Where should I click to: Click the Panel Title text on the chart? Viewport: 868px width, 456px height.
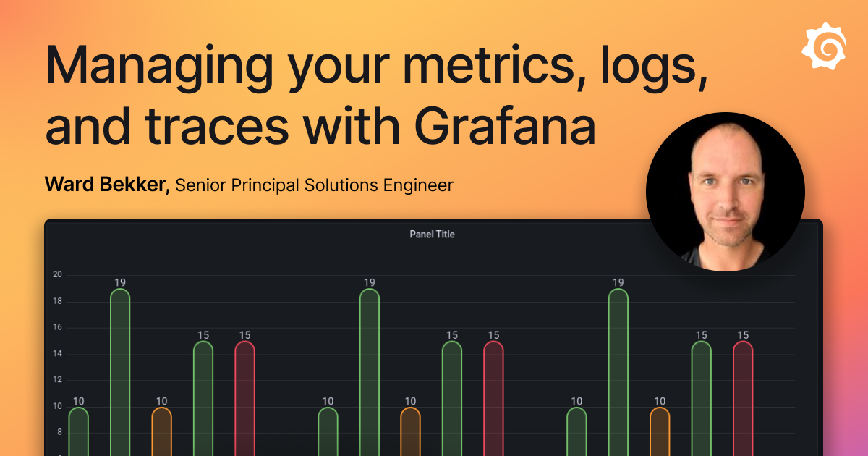click(432, 235)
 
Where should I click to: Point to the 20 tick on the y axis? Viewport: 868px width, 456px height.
click(57, 275)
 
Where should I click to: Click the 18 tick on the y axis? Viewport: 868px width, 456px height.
click(57, 301)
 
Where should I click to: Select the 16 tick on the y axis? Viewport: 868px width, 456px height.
click(57, 327)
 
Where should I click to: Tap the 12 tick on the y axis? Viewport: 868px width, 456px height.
click(57, 380)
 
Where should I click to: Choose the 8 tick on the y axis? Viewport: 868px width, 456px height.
click(59, 432)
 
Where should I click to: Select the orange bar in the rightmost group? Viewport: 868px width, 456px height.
click(660, 431)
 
